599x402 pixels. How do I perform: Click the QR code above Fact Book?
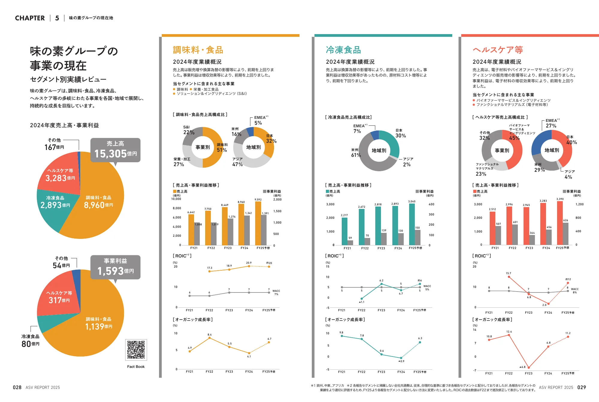coord(136,350)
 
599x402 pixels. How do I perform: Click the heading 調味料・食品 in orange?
coord(198,50)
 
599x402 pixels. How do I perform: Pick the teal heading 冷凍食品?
coord(343,50)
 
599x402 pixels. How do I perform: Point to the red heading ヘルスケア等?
coord(498,50)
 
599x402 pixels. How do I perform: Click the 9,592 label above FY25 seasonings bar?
coord(258,200)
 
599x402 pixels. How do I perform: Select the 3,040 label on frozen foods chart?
coord(412,201)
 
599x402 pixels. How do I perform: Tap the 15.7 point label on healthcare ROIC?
coord(508,273)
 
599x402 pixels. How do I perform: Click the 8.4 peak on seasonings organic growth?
coord(209,335)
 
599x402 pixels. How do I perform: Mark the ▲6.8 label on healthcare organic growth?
coord(522,367)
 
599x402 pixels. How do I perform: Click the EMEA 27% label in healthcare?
coord(551,123)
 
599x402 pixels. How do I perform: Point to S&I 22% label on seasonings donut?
coord(188,130)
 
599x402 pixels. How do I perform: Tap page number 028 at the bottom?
coord(17,387)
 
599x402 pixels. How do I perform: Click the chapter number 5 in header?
coord(57,18)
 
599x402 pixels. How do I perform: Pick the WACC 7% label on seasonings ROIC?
coord(276,292)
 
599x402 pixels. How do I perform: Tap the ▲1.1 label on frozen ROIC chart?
coord(361,302)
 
